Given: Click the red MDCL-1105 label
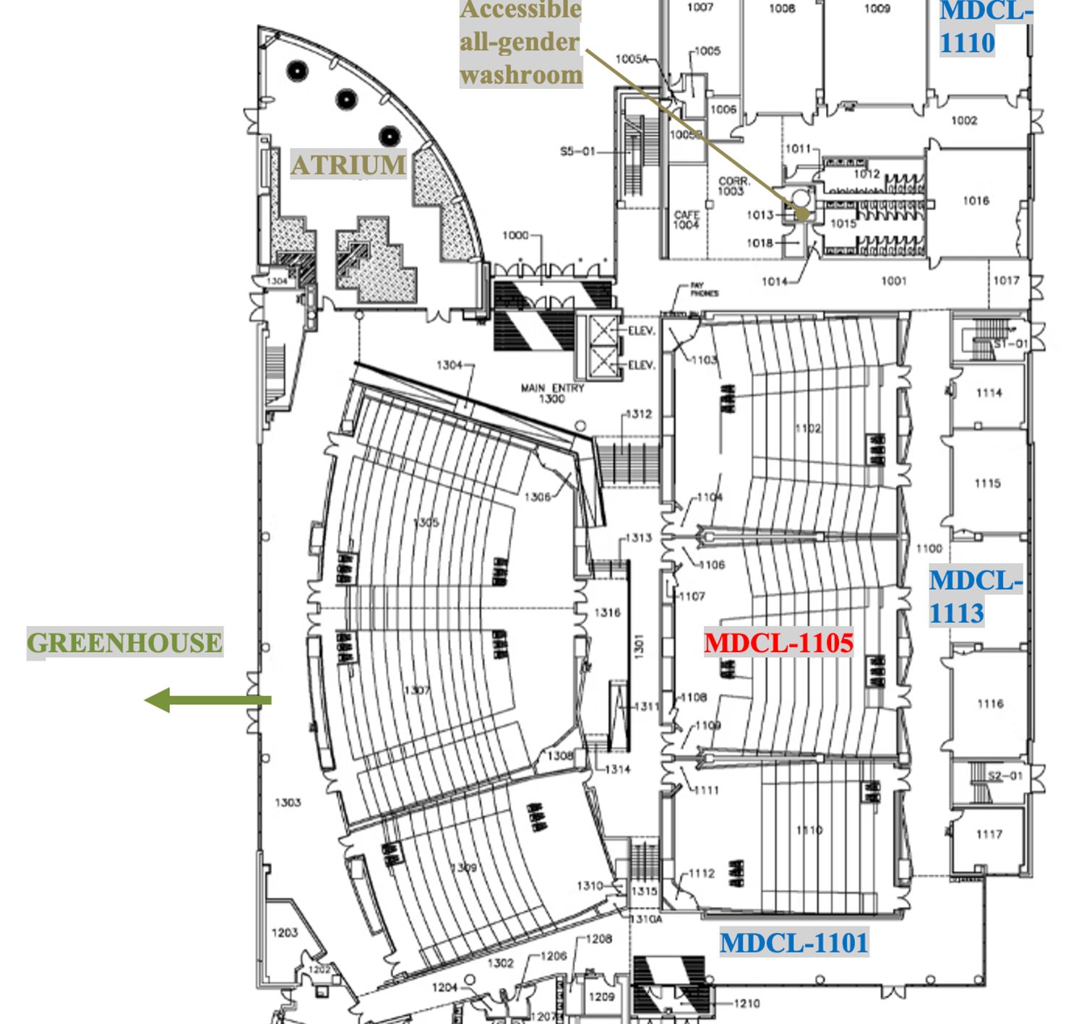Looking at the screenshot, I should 778,643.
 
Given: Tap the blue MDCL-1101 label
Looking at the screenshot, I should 793,942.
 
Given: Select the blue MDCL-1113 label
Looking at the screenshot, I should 975,596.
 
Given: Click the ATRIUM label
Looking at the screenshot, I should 348,165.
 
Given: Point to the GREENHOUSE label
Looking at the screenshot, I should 124,643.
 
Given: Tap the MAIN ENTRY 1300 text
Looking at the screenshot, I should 552,393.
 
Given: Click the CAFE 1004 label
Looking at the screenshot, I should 686,220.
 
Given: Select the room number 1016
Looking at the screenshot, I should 976,200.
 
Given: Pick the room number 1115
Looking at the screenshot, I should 987,483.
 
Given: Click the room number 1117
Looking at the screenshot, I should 989,834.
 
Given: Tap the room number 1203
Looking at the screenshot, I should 285,932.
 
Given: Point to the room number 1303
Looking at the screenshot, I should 288,802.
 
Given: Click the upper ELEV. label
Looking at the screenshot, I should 641,331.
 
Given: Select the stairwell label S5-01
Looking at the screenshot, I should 577,152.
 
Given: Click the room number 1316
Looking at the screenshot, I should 607,612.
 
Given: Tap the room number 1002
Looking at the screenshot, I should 964,121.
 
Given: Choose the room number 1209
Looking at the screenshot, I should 601,997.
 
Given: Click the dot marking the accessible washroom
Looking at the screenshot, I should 801,213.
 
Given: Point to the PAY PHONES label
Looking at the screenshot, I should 704,290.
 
